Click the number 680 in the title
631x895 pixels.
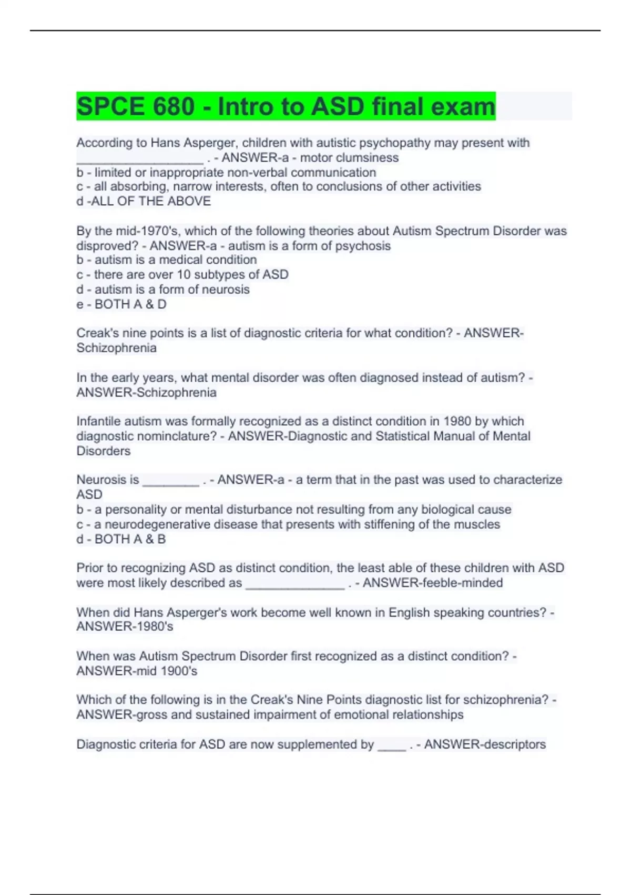(174, 107)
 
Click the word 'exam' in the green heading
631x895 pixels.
(463, 107)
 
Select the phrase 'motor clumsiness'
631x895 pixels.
(349, 158)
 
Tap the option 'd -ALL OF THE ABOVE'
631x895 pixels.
(144, 201)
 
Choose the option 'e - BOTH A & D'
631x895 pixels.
(121, 304)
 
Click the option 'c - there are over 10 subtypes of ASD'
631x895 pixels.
(182, 275)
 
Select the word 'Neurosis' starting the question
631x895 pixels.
(108, 480)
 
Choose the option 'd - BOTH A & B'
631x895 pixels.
(121, 539)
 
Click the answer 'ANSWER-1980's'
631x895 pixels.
(125, 627)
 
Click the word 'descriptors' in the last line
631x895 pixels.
(511, 744)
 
